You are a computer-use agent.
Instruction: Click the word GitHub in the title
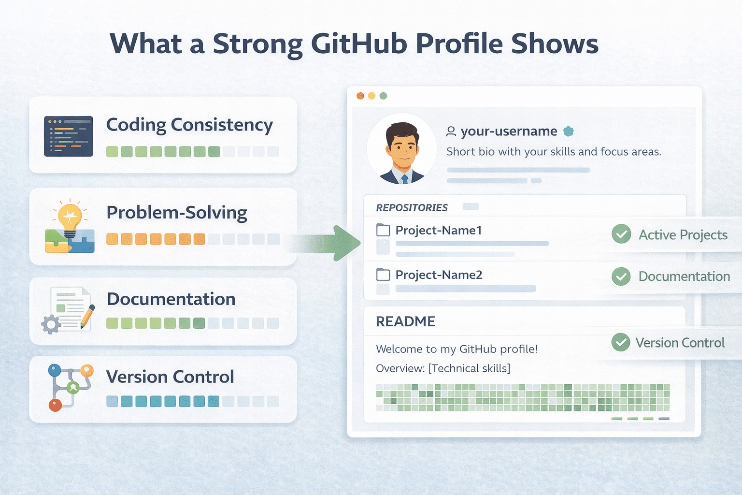click(x=359, y=44)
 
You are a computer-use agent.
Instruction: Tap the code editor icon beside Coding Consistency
click(x=68, y=136)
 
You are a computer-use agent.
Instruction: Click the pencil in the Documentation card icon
click(x=87, y=317)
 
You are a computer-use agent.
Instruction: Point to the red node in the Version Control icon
click(x=55, y=405)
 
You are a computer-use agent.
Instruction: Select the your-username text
click(x=509, y=131)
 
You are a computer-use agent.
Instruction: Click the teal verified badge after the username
click(x=569, y=131)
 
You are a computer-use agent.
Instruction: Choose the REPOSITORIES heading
click(x=412, y=208)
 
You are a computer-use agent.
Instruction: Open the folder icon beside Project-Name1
click(x=383, y=230)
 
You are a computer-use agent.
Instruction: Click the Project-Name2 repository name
click(x=439, y=275)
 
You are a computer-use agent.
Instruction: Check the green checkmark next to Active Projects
click(x=621, y=234)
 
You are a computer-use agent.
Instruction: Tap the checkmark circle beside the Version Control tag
click(x=621, y=343)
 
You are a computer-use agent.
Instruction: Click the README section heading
click(x=405, y=321)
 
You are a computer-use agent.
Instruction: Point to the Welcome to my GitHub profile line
click(x=457, y=349)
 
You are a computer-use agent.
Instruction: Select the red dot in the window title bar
click(x=360, y=96)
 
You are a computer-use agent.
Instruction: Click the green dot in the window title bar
click(x=383, y=96)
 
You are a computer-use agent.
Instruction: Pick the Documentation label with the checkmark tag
click(x=684, y=277)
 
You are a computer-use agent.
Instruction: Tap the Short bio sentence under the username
click(x=554, y=152)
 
